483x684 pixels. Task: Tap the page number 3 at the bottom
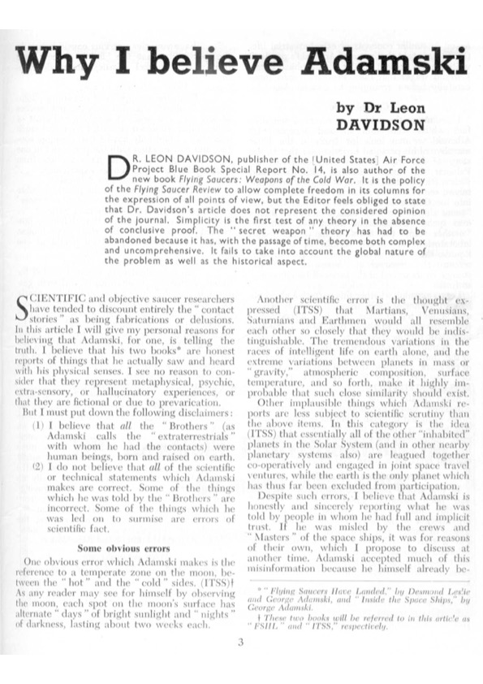(241, 643)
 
